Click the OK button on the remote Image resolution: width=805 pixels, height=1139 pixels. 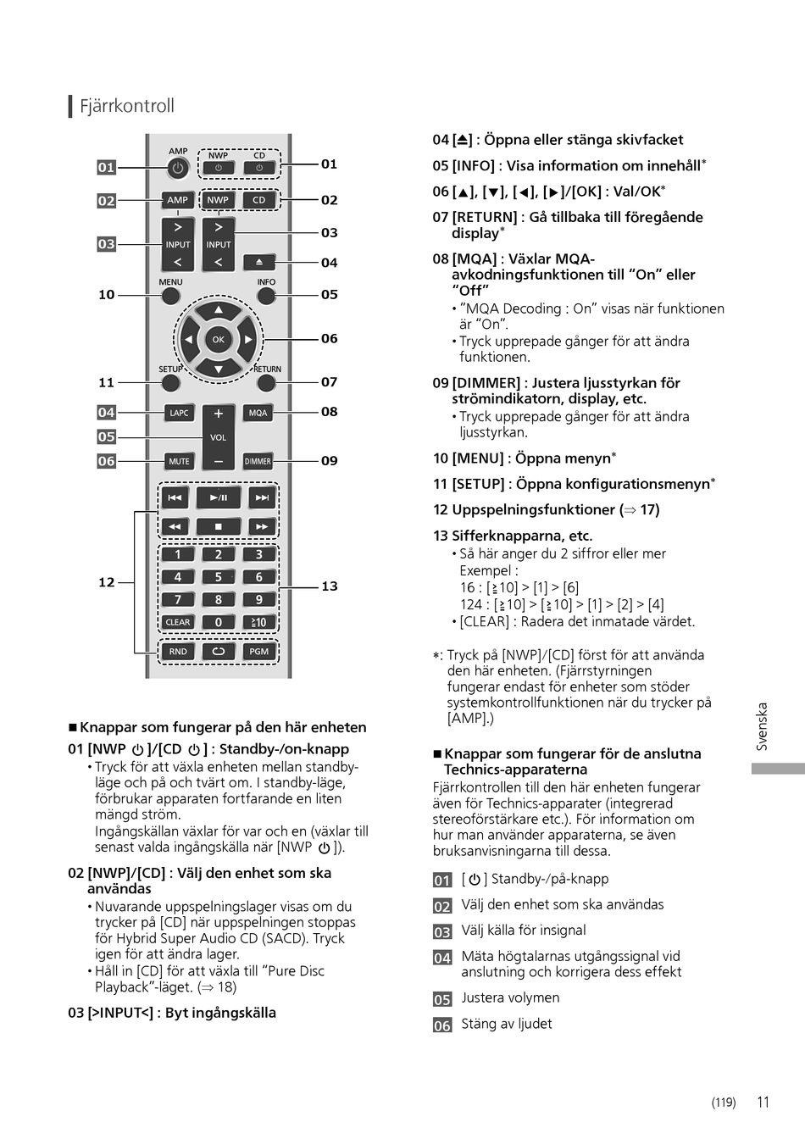click(x=218, y=340)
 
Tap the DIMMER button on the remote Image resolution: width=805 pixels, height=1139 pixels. click(x=258, y=461)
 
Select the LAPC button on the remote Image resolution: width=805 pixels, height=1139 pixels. click(x=179, y=413)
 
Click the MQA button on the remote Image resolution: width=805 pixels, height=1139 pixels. click(x=258, y=413)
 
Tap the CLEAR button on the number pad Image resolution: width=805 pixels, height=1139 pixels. click(x=178, y=622)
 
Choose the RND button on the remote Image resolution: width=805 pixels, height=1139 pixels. click(x=178, y=652)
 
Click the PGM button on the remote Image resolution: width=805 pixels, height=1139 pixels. click(x=258, y=652)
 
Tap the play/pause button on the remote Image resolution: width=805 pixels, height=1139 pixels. click(x=218, y=497)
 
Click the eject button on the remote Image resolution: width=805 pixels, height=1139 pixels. click(x=259, y=263)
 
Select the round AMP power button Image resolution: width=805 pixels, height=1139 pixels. click(x=178, y=168)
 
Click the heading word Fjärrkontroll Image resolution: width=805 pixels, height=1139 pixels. click(x=127, y=106)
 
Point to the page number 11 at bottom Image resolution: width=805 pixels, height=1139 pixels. click(x=763, y=1102)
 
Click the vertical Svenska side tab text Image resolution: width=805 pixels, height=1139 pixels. click(x=762, y=726)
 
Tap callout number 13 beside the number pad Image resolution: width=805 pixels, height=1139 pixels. click(x=330, y=586)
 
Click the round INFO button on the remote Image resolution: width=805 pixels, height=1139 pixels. click(x=266, y=296)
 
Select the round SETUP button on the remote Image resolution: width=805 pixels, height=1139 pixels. click(x=170, y=383)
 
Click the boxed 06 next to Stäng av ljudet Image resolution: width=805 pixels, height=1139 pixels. click(x=442, y=1025)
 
